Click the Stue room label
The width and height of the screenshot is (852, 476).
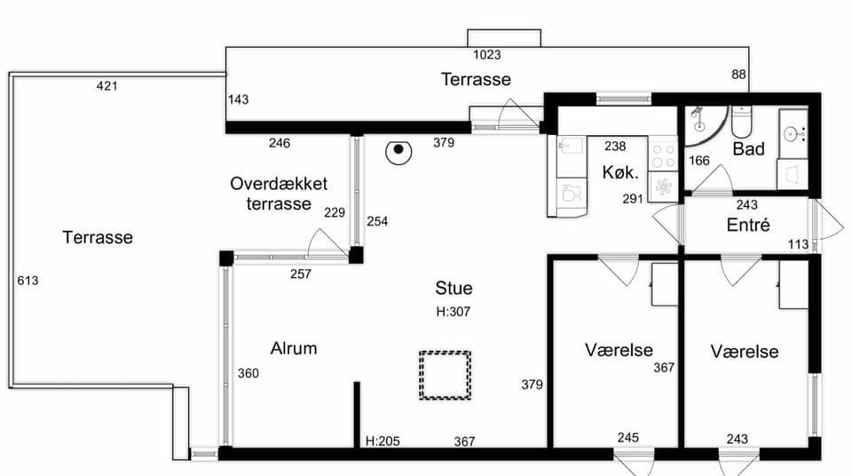click(454, 288)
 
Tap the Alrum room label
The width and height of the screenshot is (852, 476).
click(294, 348)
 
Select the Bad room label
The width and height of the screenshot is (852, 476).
click(748, 148)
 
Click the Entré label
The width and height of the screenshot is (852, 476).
click(748, 225)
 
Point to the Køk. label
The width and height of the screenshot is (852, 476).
click(620, 172)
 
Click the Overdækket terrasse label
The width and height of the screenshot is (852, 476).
click(279, 193)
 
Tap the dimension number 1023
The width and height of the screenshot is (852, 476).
click(487, 54)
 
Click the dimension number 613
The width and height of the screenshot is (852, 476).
click(28, 280)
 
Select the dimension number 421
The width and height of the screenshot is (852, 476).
click(106, 85)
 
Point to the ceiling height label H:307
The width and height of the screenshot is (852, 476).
click(454, 312)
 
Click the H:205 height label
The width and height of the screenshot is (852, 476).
click(383, 440)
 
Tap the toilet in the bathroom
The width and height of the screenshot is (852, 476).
click(741, 122)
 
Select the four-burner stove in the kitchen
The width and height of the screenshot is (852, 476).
click(663, 155)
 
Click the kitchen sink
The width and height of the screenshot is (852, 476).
click(571, 147)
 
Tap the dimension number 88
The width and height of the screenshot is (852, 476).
click(738, 75)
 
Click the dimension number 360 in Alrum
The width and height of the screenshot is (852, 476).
click(248, 373)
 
